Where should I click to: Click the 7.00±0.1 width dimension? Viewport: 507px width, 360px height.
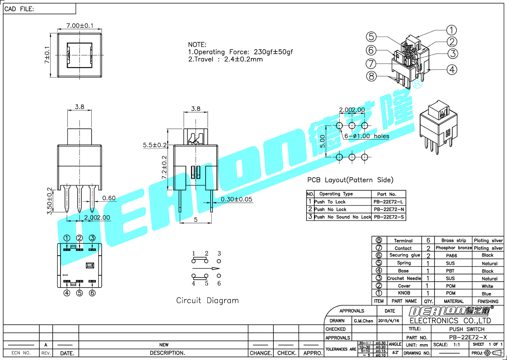click(x=80, y=26)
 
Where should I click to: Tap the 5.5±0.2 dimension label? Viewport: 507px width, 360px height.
click(x=155, y=145)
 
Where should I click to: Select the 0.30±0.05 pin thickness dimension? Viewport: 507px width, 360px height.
click(x=236, y=199)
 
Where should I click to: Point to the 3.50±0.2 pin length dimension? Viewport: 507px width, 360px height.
click(x=50, y=201)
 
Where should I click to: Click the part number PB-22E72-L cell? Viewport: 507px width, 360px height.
click(x=388, y=202)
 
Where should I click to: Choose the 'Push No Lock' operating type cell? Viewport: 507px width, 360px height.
click(x=330, y=209)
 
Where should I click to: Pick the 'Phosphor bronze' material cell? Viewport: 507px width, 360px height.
click(x=453, y=248)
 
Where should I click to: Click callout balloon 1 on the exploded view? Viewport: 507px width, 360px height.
click(x=451, y=30)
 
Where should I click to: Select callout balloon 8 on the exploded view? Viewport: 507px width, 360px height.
click(x=371, y=76)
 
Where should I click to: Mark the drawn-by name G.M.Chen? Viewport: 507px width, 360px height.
click(x=363, y=321)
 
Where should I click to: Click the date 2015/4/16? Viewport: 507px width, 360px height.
click(x=389, y=321)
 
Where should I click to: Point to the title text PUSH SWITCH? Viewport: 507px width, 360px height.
click(x=467, y=329)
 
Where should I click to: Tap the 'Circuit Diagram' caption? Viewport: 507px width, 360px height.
click(x=207, y=300)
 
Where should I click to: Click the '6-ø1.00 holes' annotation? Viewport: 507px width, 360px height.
click(x=367, y=136)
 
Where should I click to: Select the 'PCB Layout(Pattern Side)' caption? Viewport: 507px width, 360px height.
click(x=350, y=180)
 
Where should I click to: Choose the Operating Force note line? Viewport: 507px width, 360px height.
click(x=240, y=52)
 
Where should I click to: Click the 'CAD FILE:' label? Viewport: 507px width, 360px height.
click(x=19, y=9)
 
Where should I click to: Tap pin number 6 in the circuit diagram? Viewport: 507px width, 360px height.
click(x=219, y=283)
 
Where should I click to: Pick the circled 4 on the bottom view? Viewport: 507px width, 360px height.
click(x=67, y=293)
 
